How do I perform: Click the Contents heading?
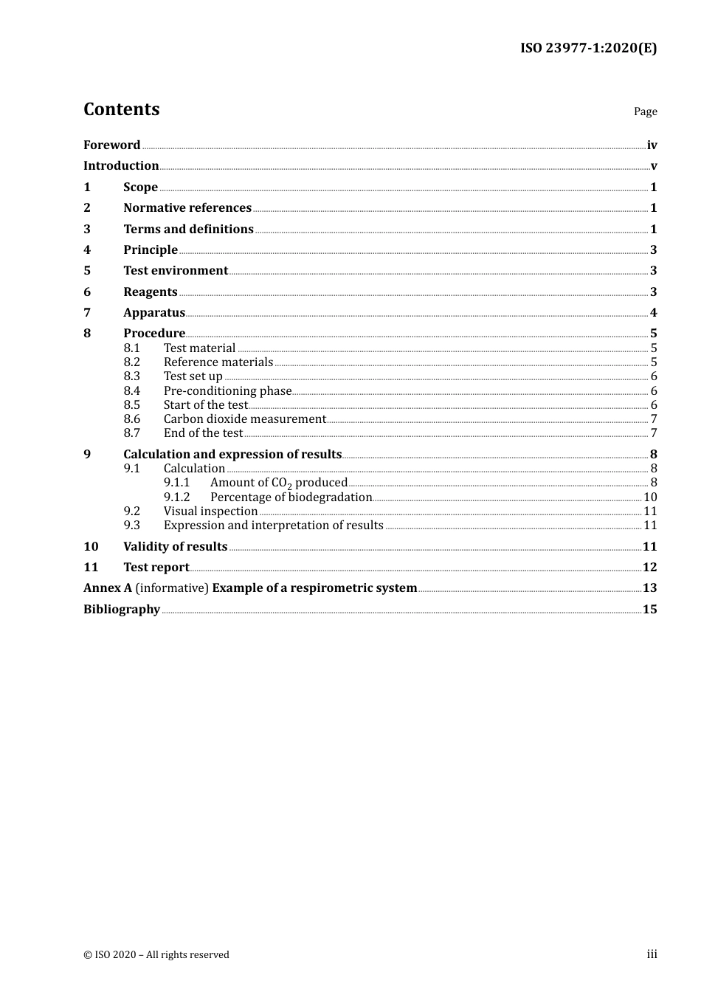[121, 109]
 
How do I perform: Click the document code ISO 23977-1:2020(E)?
[588, 48]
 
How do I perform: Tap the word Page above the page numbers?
[645, 111]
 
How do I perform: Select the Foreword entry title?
[111, 145]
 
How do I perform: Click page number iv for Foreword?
[652, 145]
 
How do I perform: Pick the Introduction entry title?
[121, 166]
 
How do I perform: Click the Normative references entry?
[187, 208]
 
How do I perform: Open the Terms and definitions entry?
[188, 230]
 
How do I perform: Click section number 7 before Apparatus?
[87, 313]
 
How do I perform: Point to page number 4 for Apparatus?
[653, 313]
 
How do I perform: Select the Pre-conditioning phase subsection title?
[227, 391]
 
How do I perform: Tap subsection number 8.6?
[131, 419]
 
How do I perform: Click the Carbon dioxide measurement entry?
[244, 419]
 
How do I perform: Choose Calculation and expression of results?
[232, 455]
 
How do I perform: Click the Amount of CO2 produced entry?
[278, 483]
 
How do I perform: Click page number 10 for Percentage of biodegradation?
[650, 497]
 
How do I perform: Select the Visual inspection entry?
[210, 512]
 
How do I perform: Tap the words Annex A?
[108, 588]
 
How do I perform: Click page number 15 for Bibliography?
[649, 610]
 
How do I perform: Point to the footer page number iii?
[652, 954]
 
